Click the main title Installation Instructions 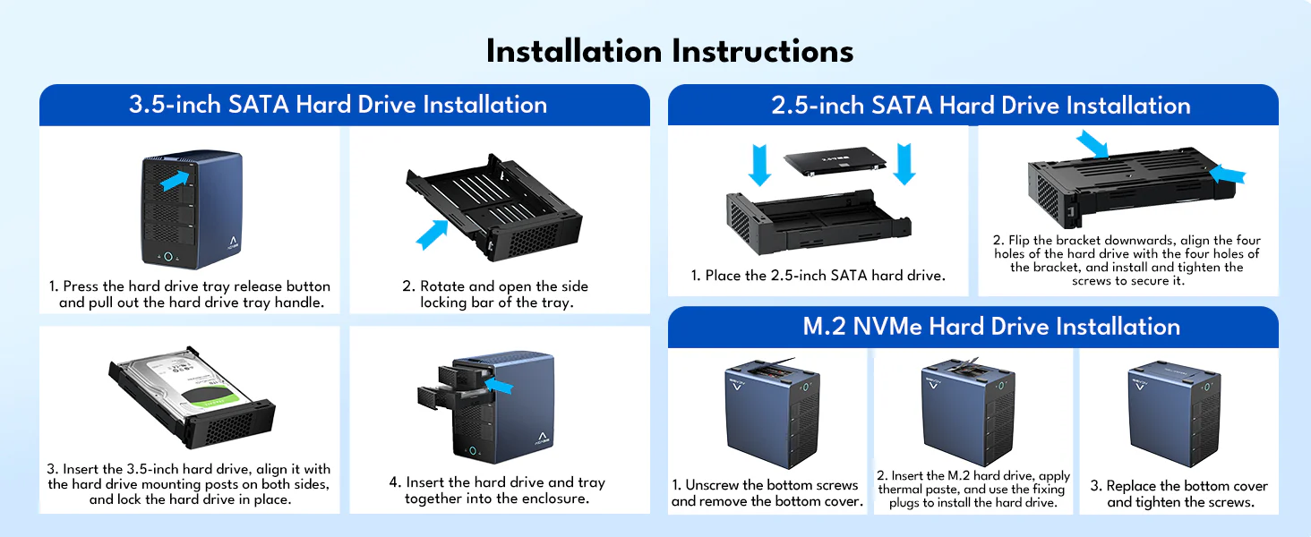point(669,51)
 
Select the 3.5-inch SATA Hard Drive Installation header point(338,105)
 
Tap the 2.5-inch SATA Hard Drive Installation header point(981,106)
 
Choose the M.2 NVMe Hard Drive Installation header point(991,327)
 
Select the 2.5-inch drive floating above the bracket point(834,161)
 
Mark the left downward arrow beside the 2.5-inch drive point(760,165)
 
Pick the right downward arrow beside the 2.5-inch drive point(904,165)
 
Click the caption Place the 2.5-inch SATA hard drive point(818,276)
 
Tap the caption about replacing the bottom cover point(1179,494)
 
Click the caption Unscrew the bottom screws point(767,493)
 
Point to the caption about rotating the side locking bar point(494,294)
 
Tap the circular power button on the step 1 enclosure point(167,257)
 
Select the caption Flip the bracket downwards point(1127,260)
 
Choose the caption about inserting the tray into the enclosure point(496,490)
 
